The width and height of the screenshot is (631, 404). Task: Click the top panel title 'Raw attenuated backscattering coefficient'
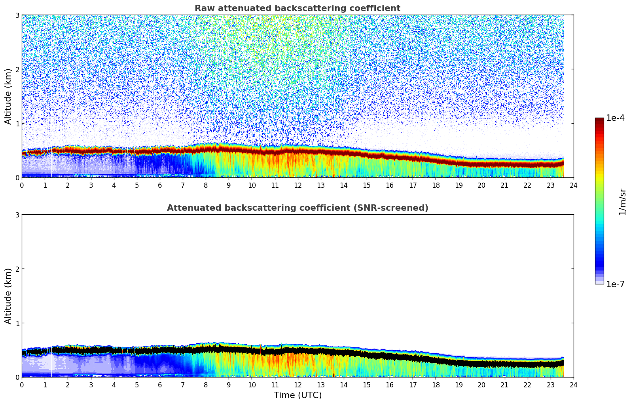tap(297, 8)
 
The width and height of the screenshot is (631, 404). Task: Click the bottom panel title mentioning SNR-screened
tap(297, 208)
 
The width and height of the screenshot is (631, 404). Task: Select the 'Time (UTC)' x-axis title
tap(297, 395)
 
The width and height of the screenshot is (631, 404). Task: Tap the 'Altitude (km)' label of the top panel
tap(8, 96)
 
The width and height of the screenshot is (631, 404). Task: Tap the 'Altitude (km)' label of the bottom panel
tap(8, 296)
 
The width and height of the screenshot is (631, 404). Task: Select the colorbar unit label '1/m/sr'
tap(622, 202)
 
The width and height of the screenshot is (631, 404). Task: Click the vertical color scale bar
tap(599, 201)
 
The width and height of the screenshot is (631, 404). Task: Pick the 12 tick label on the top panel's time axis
tap(297, 185)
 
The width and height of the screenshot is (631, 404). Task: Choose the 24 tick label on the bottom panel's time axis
tap(573, 385)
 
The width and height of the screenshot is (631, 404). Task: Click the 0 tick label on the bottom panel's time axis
tap(22, 385)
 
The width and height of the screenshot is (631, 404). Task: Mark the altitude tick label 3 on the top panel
tap(17, 15)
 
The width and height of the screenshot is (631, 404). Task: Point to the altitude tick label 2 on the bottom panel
tap(17, 269)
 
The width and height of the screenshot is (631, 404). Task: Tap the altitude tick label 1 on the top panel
tap(17, 124)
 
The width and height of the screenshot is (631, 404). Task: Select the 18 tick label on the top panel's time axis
tap(436, 185)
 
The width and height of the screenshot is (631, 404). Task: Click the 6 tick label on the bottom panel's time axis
tap(160, 385)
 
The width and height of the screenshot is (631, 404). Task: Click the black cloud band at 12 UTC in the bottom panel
tap(297, 351)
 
